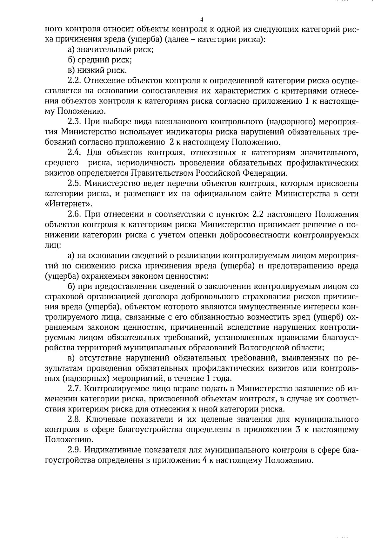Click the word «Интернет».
pyautogui.click(x=66, y=204)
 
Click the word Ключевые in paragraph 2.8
pyautogui.click(x=106, y=419)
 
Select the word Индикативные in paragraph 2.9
pyautogui.click(x=113, y=450)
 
